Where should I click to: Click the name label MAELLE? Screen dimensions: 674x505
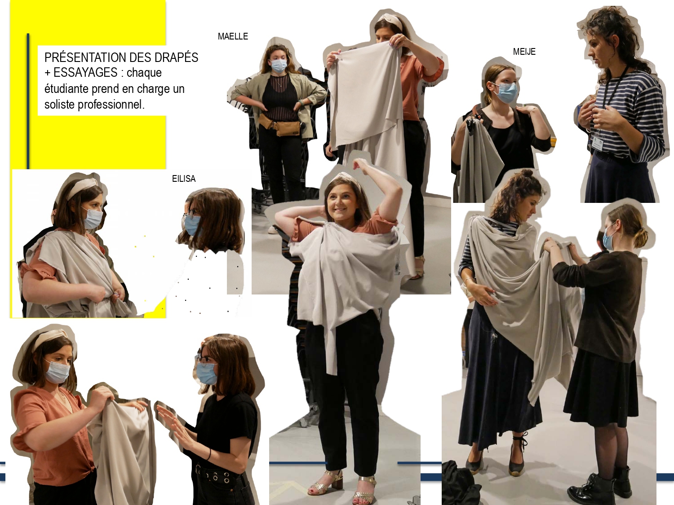pyautogui.click(x=233, y=36)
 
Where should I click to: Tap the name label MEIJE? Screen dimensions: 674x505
pyautogui.click(x=524, y=52)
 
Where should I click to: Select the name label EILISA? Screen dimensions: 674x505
pyautogui.click(x=184, y=179)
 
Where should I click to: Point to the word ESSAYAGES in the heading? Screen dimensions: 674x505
pyautogui.click(x=85, y=73)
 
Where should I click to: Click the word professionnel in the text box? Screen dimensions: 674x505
pyautogui.click(x=111, y=105)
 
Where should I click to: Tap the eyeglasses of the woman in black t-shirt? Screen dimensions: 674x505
pyautogui.click(x=203, y=358)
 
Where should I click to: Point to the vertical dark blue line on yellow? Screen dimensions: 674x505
pyautogui.click(x=28, y=101)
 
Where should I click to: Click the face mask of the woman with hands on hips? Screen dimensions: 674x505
pyautogui.click(x=279, y=65)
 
